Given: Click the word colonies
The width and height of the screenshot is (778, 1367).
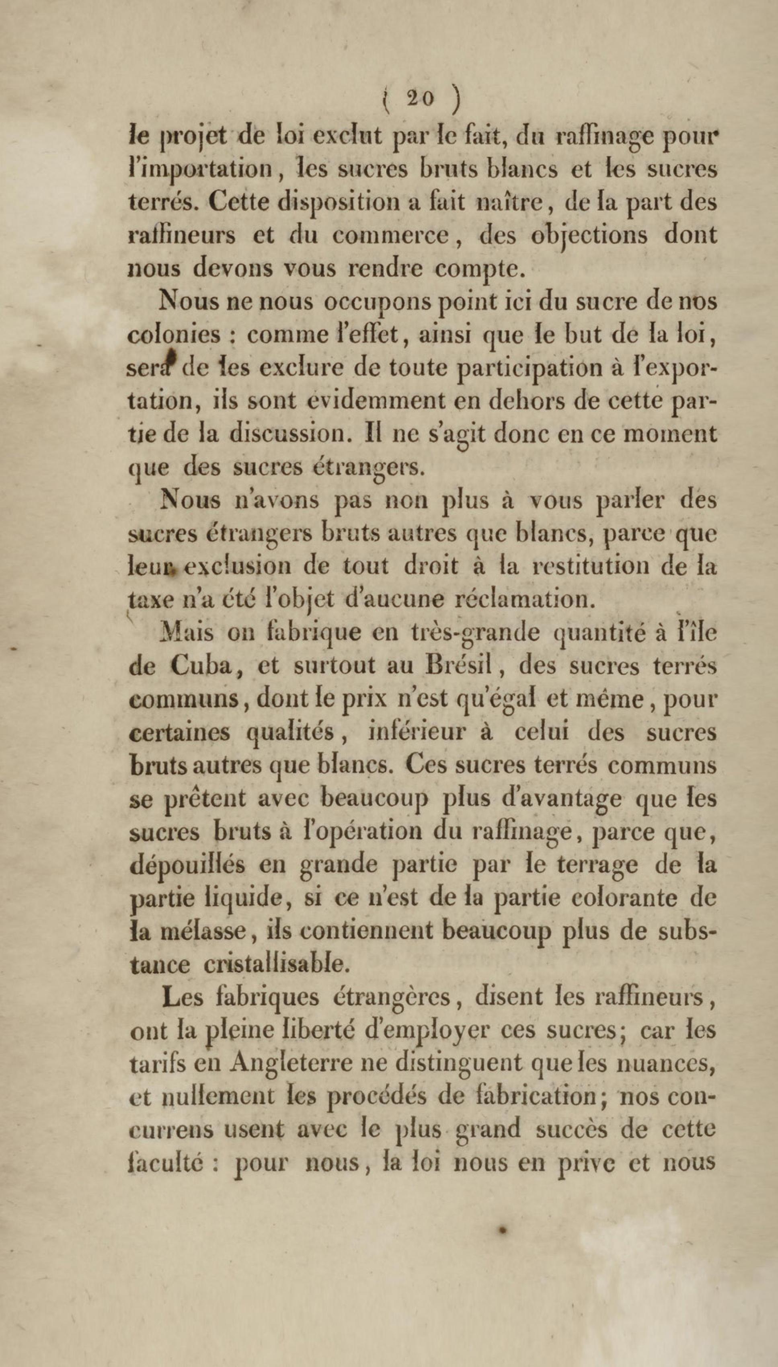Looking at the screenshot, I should click(x=174, y=335).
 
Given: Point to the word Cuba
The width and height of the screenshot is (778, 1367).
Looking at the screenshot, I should click(x=201, y=665).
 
